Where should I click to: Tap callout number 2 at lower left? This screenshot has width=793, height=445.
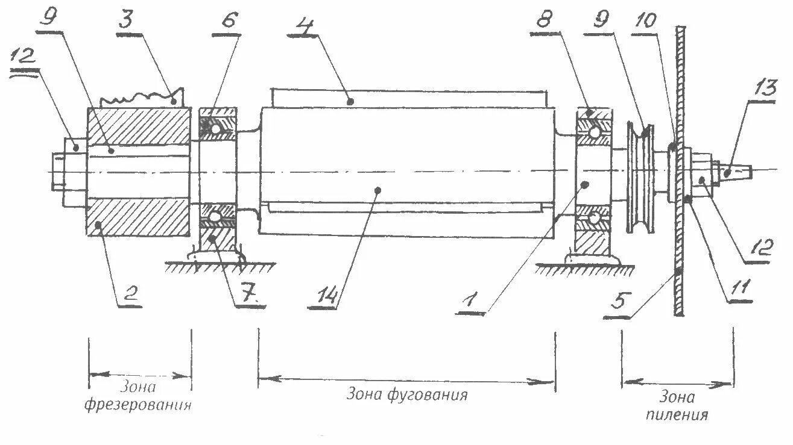[131, 295]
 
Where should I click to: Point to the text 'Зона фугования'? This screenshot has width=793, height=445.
[407, 396]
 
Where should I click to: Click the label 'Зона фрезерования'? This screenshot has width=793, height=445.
[138, 396]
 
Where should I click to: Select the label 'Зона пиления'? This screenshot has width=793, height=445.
[677, 406]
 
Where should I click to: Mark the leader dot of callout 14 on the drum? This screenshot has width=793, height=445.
[379, 190]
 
